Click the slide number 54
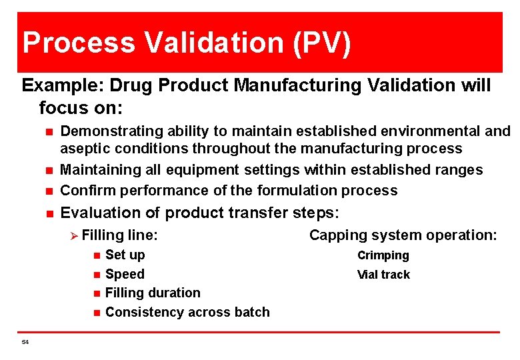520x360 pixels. pos(25,342)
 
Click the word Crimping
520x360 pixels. pos(383,255)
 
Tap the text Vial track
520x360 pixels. pos(383,275)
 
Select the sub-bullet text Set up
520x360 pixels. pos(125,255)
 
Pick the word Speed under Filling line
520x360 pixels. pos(125,274)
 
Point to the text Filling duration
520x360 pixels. pos(153,293)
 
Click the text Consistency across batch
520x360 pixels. pos(187,312)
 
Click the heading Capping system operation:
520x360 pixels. pos(403,235)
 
